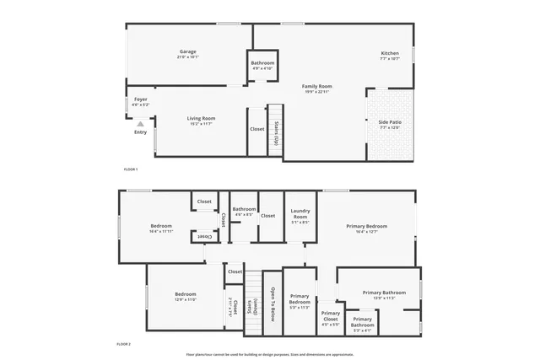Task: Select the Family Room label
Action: click(318, 89)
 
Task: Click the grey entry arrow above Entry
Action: click(140, 123)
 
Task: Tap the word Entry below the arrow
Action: click(140, 132)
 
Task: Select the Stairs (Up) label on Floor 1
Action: click(275, 130)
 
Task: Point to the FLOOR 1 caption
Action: click(131, 169)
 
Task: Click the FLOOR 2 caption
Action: click(124, 345)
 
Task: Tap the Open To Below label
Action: click(272, 304)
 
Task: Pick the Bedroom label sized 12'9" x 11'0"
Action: click(185, 297)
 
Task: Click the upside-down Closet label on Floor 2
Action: click(204, 237)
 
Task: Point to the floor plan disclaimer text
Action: click(270, 354)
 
